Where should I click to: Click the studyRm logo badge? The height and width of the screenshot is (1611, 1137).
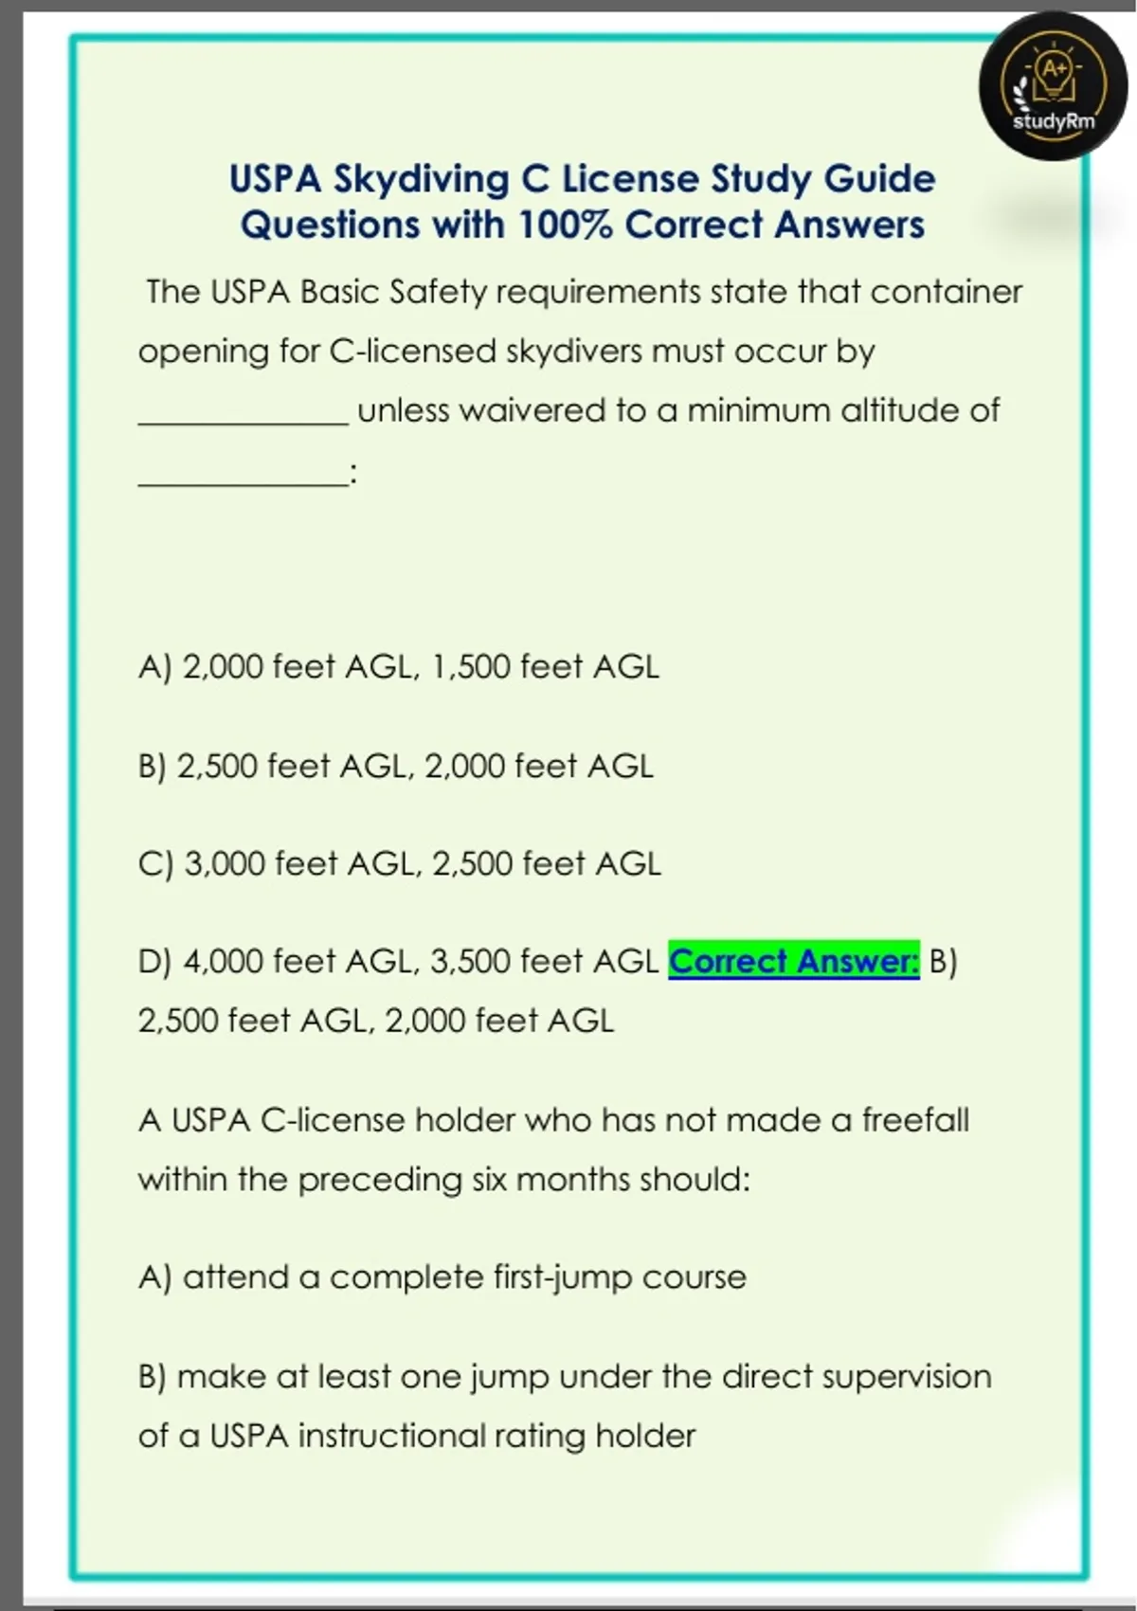pos(1053,86)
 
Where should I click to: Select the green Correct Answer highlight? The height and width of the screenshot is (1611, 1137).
pos(794,961)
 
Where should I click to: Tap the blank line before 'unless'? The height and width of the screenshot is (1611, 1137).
pos(244,422)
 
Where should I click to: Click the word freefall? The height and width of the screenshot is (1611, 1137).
pos(914,1120)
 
